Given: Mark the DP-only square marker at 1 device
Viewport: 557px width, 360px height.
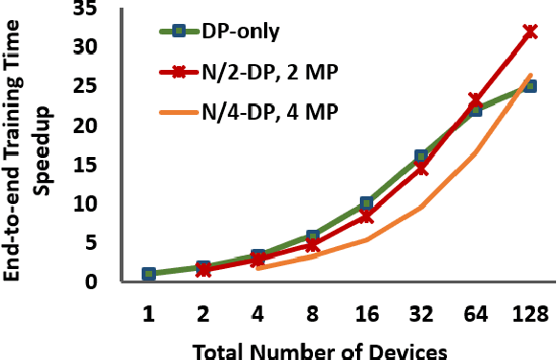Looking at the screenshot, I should [148, 274].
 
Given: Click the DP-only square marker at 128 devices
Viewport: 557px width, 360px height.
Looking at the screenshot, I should [529, 86].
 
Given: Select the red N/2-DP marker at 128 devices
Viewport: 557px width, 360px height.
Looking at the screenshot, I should [529, 32].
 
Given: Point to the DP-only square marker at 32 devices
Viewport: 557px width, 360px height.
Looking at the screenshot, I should [420, 156].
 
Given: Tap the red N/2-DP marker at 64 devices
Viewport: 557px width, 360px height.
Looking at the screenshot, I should [476, 100].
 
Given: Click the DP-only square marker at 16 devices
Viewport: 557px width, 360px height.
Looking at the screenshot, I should [367, 204].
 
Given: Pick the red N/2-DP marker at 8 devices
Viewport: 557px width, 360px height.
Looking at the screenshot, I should [312, 245].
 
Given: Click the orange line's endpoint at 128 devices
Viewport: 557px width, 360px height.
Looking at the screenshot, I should [529, 76].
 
